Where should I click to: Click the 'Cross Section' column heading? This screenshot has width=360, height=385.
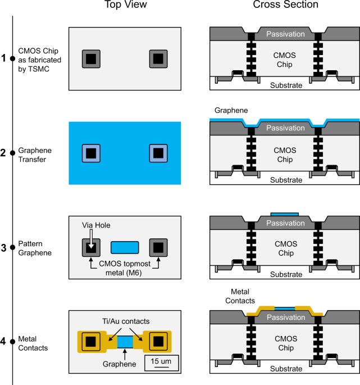tap(285, 5)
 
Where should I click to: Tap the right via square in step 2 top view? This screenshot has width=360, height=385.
tap(158, 153)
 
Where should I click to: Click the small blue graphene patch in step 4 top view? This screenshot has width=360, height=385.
tap(125, 341)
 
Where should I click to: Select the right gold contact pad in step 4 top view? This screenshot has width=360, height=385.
tap(160, 341)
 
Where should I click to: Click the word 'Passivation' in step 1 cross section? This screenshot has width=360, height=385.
tap(285, 34)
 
